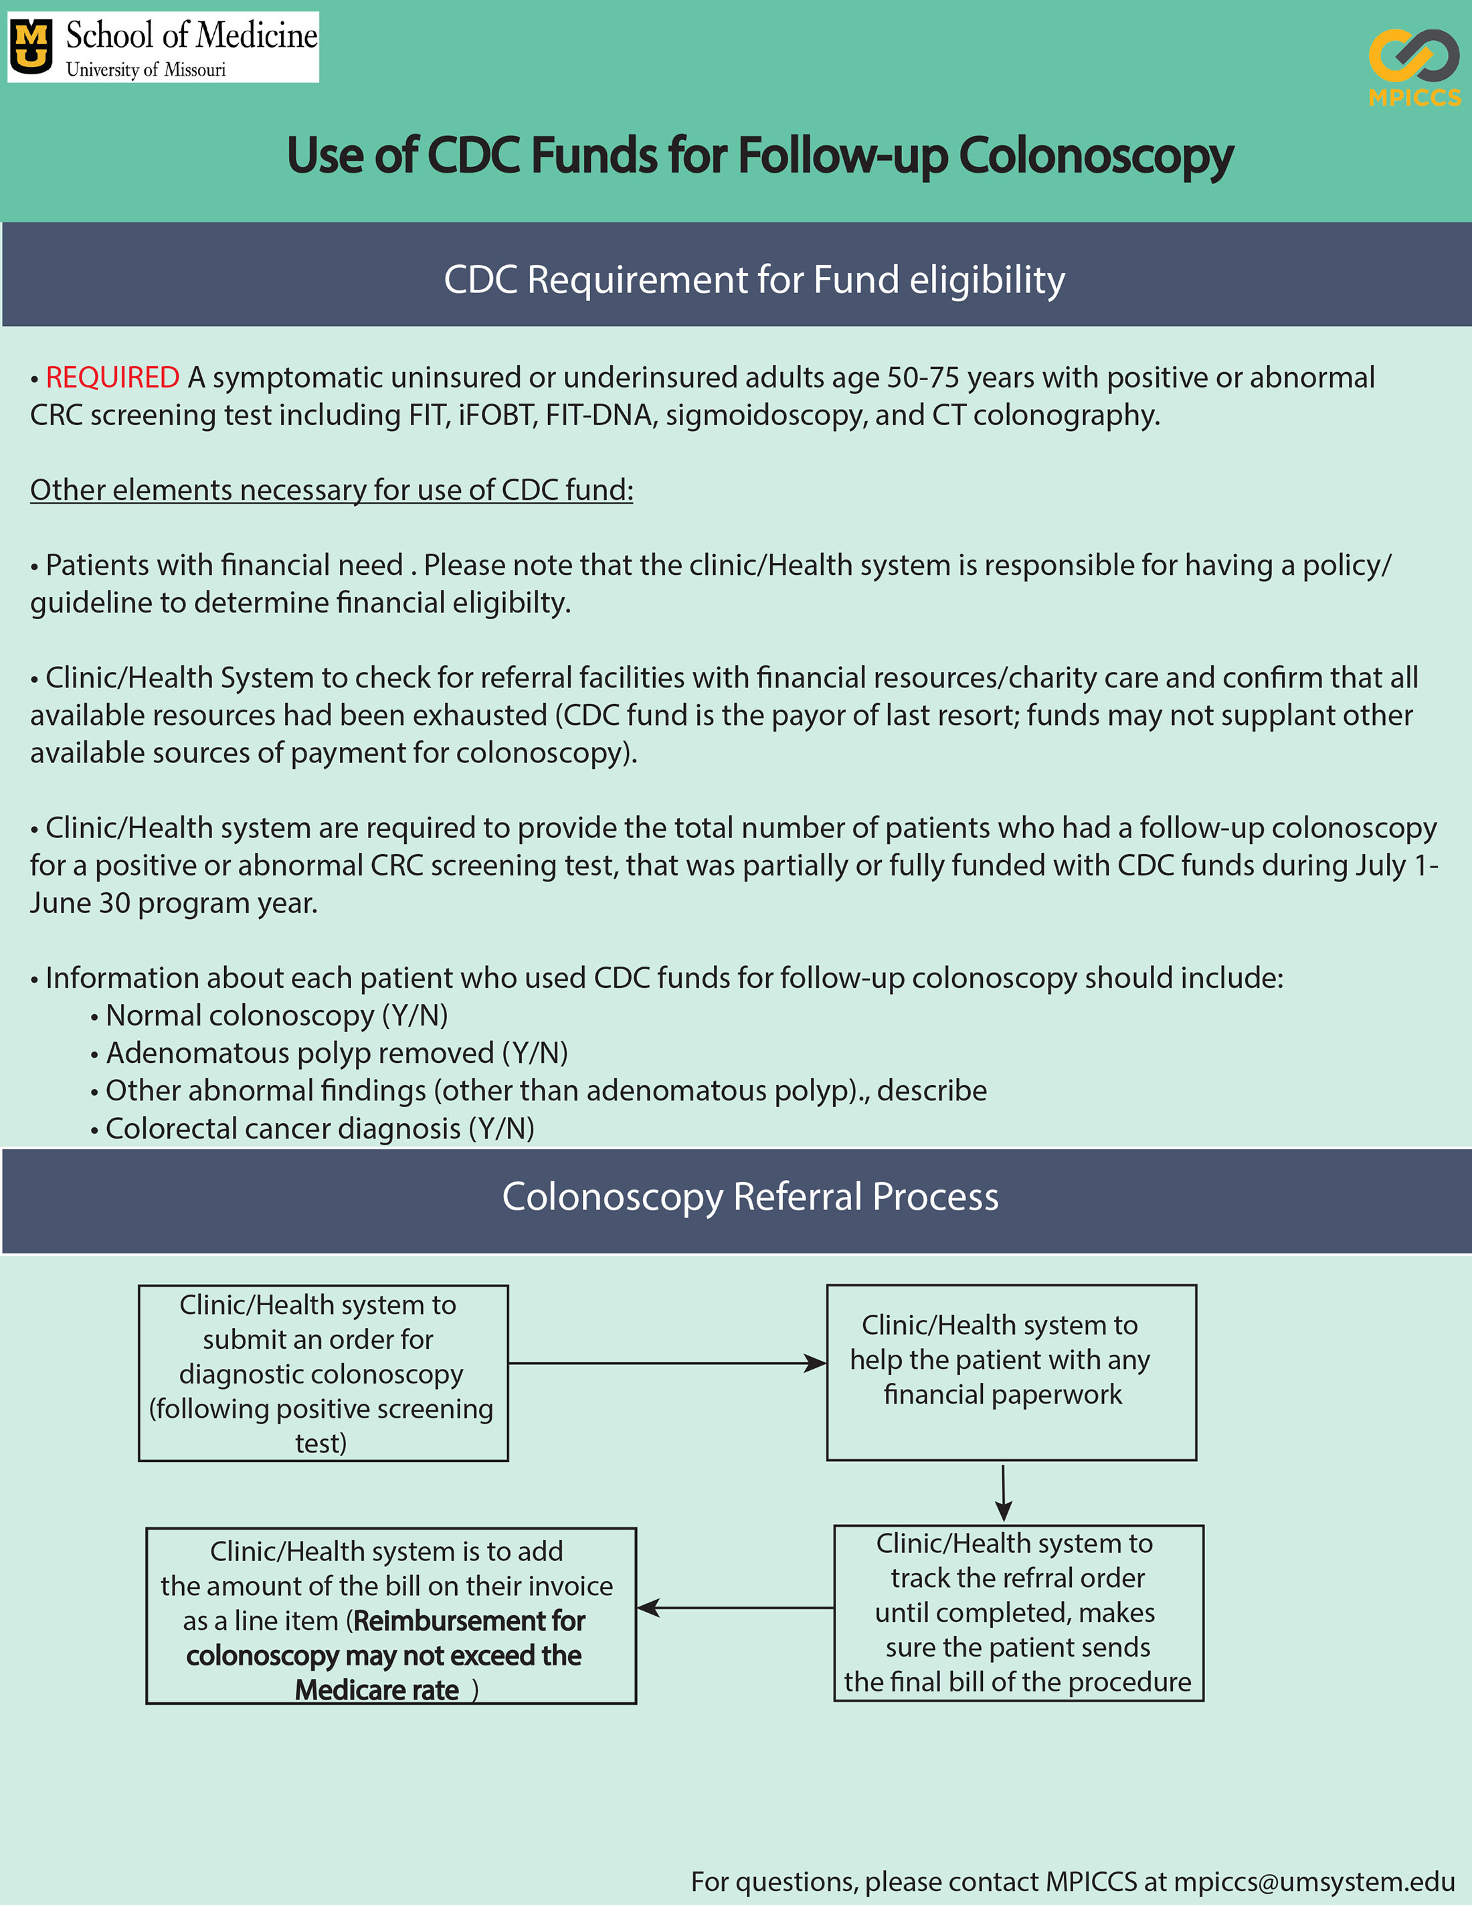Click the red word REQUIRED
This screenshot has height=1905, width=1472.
coord(112,378)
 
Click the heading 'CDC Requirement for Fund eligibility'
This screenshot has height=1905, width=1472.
coord(754,280)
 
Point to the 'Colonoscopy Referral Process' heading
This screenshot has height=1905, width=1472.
coord(750,1197)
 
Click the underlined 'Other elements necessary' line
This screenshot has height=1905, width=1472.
coord(331,490)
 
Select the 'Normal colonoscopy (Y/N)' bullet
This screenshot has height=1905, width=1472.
coord(276,1015)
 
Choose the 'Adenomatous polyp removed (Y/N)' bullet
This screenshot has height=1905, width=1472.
coord(336,1053)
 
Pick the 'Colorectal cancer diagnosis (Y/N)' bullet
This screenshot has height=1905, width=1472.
coord(319,1129)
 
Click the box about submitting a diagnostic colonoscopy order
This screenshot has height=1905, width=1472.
coord(323,1373)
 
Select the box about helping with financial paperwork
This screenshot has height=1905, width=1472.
coord(1011,1372)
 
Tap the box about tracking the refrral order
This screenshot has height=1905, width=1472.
coord(1018,1612)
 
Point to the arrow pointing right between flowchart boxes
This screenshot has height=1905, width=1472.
coord(667,1363)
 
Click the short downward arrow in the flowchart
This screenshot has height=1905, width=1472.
coord(1004,1493)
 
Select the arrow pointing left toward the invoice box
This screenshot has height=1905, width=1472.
coord(735,1608)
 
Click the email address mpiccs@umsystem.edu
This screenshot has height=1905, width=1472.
coord(1313,1882)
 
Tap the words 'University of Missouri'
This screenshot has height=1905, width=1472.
coord(146,70)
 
